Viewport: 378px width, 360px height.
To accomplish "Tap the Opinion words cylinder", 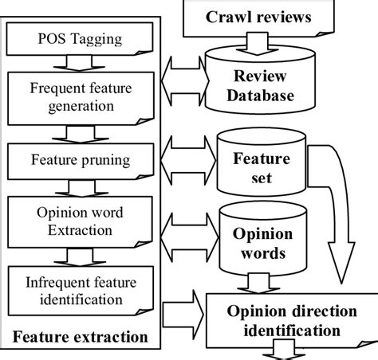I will tap(253, 243).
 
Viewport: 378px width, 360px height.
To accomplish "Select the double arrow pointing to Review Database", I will tap(184, 79).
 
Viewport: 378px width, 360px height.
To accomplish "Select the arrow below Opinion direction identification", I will tap(286, 350).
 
